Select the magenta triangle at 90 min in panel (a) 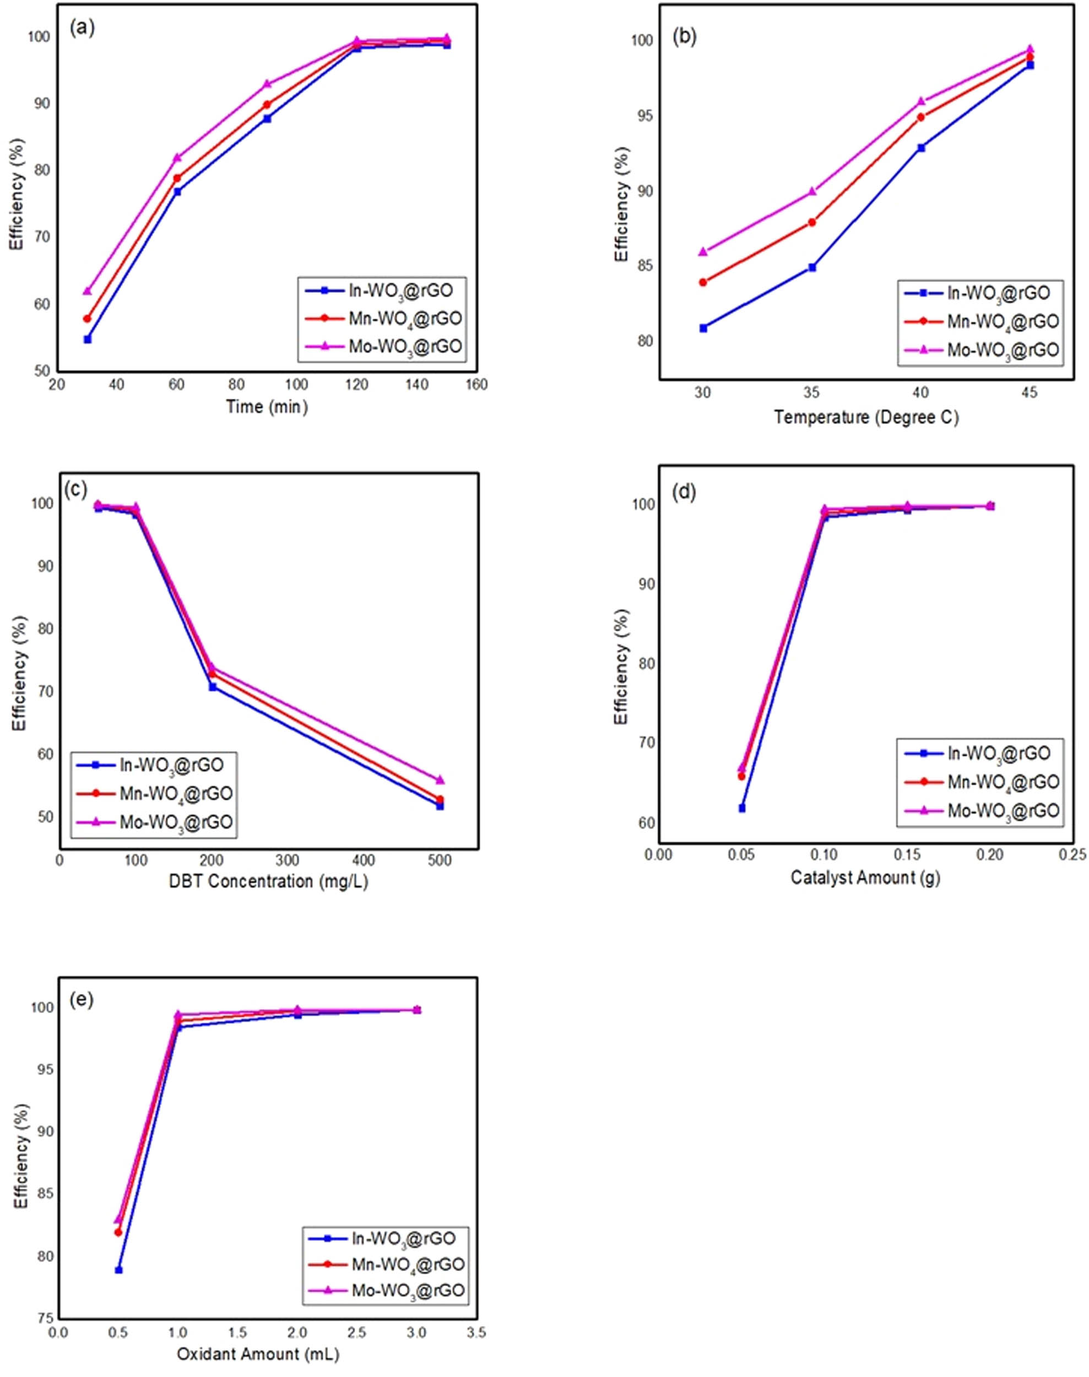coord(267,84)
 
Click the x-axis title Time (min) coord(267,406)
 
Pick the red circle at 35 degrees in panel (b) coord(811,223)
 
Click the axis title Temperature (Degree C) coord(866,418)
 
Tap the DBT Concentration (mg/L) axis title coord(268,882)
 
